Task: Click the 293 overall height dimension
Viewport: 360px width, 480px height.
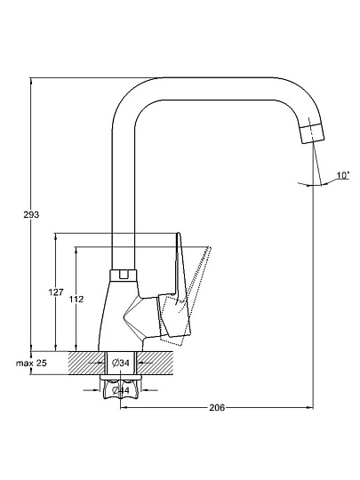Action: (x=31, y=214)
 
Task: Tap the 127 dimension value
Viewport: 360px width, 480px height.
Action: (x=56, y=292)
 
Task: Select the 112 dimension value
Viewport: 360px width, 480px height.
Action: (x=76, y=299)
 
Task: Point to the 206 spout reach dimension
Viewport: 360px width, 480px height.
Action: (x=217, y=408)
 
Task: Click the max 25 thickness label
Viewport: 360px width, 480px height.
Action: (x=31, y=364)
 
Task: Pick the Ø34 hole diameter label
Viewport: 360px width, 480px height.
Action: (x=121, y=363)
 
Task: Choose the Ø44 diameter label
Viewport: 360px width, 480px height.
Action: (x=121, y=390)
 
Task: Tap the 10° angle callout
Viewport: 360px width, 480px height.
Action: (x=343, y=175)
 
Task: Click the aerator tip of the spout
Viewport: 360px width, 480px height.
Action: (x=312, y=134)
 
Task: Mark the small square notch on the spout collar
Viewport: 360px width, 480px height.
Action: (x=124, y=275)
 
